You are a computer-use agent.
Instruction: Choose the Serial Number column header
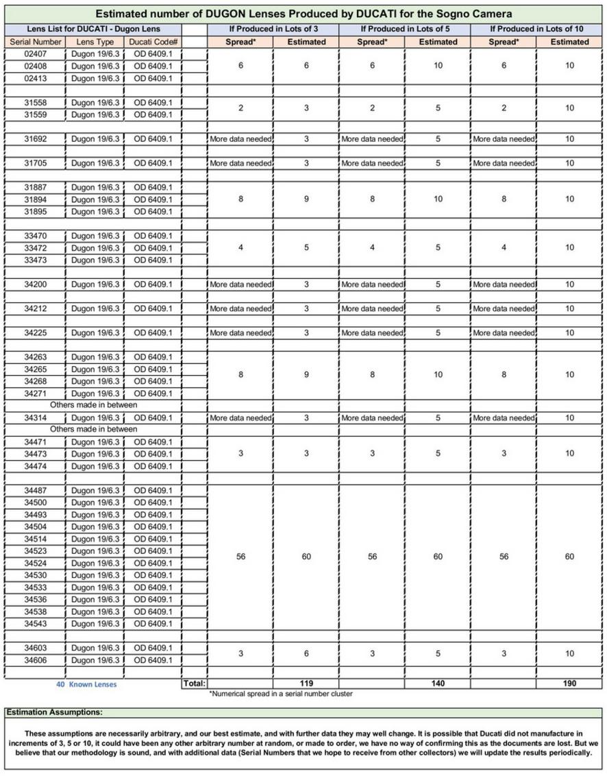(x=36, y=42)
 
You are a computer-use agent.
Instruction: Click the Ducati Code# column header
(x=153, y=42)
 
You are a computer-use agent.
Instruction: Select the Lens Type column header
(x=95, y=42)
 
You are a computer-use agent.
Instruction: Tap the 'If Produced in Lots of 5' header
(x=406, y=29)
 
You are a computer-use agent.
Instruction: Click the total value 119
(x=306, y=683)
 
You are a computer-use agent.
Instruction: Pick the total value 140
(x=438, y=683)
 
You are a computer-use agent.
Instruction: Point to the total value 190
(x=569, y=683)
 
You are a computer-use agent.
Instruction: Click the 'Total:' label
(x=195, y=683)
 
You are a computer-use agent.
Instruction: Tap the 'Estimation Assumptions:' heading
(x=54, y=713)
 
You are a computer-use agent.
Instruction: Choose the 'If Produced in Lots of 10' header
(x=537, y=29)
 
